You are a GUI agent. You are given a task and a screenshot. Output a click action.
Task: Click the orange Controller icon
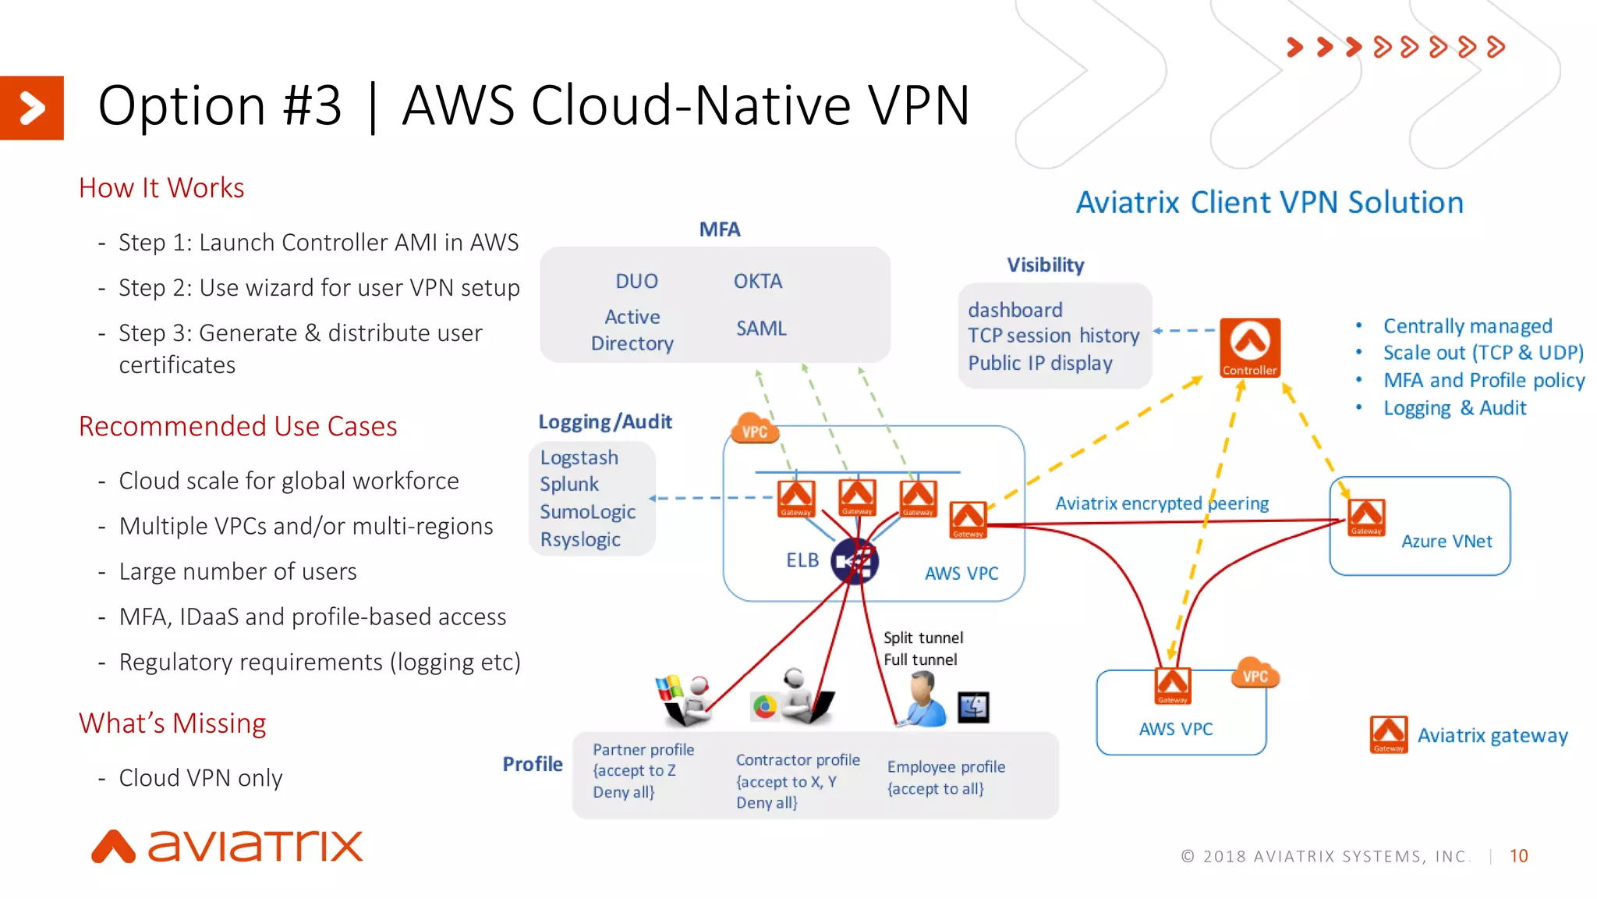[1250, 347]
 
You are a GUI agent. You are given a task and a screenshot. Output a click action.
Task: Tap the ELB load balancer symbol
[855, 561]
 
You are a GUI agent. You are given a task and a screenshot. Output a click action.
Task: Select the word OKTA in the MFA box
[757, 281]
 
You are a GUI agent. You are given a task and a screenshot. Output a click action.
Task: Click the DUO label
[636, 281]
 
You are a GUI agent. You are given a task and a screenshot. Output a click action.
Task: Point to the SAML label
[761, 329]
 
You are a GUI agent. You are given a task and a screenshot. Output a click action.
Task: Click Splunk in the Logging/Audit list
[569, 484]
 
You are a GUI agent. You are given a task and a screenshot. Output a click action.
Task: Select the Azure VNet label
[1447, 541]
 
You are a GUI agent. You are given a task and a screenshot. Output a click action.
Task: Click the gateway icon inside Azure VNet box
[1366, 517]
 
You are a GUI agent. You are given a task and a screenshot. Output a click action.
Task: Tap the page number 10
[1518, 856]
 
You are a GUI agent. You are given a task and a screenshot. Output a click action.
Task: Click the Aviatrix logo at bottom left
[227, 846]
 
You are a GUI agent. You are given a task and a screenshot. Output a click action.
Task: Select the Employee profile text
[946, 767]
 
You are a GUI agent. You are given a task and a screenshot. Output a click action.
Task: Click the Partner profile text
[643, 750]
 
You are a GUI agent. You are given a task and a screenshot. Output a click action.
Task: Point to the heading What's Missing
[172, 723]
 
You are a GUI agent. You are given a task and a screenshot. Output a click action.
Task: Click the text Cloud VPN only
[200, 778]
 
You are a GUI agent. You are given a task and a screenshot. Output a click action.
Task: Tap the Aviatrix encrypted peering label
[1162, 503]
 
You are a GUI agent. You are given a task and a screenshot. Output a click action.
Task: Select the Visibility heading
[1045, 265]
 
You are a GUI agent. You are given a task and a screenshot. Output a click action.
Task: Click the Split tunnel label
[923, 638]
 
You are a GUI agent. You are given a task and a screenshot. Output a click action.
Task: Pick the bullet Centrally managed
[1467, 325]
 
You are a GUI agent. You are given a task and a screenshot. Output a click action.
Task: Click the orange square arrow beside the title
[32, 108]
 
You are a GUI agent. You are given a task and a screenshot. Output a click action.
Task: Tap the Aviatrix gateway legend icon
[1389, 734]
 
